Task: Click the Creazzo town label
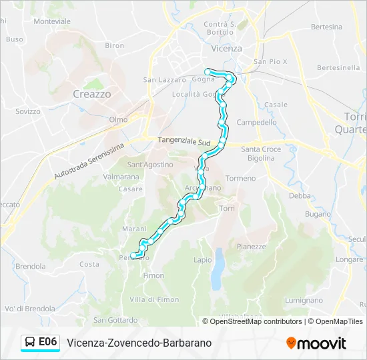[92, 95]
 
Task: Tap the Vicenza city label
[226, 49]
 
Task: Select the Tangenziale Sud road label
[185, 141]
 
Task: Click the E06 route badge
[47, 342]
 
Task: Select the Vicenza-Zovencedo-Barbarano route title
[139, 343]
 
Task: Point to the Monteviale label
[52, 21]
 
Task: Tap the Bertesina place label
[326, 27]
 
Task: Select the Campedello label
[256, 123]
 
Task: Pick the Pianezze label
[251, 246]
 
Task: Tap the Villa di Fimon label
[155, 299]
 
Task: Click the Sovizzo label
[28, 111]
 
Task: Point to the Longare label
[350, 259]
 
